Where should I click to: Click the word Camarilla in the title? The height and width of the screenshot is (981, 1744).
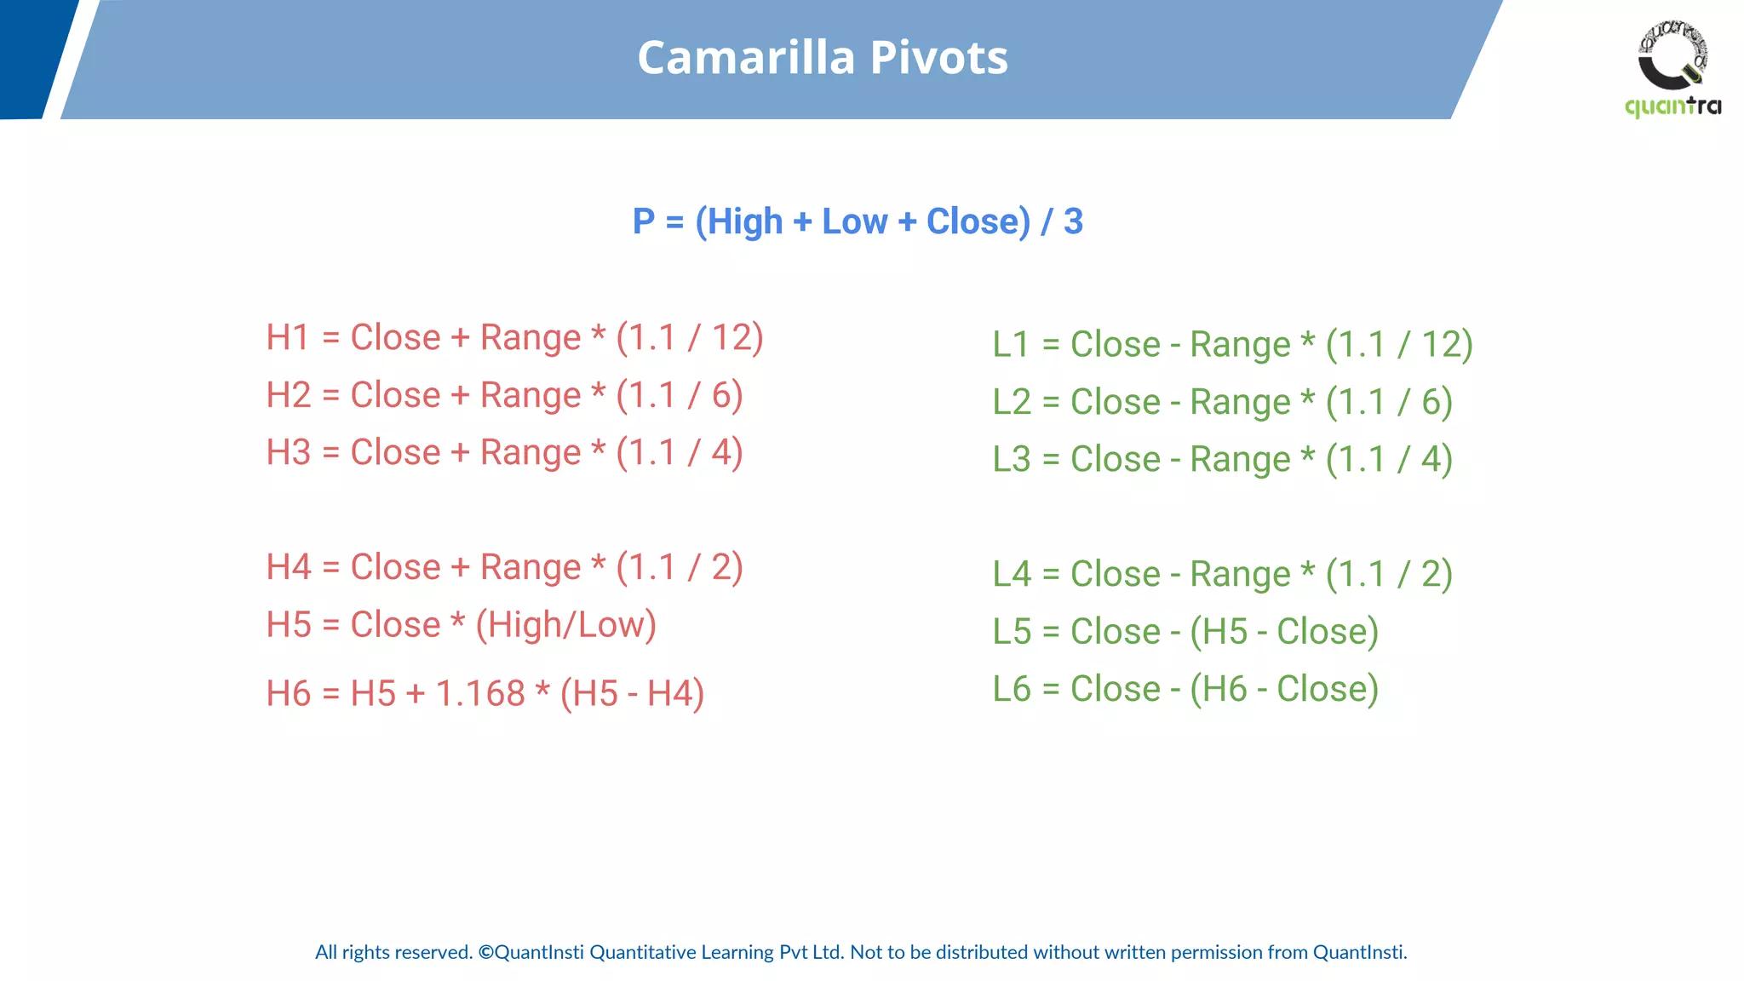tap(745, 58)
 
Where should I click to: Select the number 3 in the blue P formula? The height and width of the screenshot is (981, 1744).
tap(1073, 221)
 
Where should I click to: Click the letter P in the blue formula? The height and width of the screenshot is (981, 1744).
tap(644, 221)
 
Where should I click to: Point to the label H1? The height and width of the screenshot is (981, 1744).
tap(288, 338)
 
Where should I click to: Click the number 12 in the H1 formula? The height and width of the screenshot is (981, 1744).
tap(731, 338)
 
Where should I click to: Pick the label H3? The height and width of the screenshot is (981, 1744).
tap(288, 453)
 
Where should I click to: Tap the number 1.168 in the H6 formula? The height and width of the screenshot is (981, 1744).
tap(480, 694)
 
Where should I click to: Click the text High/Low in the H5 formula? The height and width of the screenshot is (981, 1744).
tap(566, 625)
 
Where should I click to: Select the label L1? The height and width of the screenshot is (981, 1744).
tap(1012, 345)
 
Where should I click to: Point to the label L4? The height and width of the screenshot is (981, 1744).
tap(1012, 575)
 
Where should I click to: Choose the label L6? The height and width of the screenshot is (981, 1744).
tap(1012, 689)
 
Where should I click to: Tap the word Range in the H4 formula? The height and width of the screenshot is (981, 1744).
tap(530, 568)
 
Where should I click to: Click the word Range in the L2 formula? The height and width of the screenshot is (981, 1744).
tap(1240, 403)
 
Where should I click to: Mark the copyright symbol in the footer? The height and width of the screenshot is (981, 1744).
tap(485, 952)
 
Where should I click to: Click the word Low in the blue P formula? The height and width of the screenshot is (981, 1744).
tap(854, 221)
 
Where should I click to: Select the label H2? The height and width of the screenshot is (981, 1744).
tap(288, 396)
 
